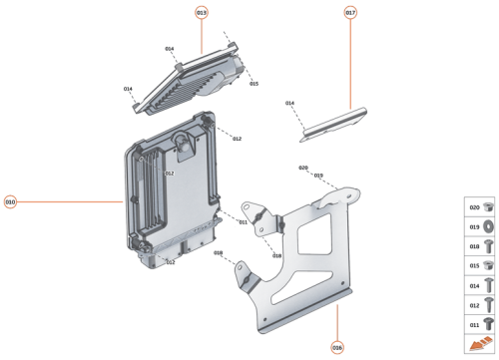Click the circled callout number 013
(202, 12)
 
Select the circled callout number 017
(350, 12)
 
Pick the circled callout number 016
(337, 347)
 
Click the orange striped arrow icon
(480, 344)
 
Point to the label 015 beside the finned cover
(253, 84)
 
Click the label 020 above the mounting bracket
(303, 168)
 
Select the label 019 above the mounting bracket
(318, 176)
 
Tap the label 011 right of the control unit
(243, 221)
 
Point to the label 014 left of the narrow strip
(289, 103)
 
